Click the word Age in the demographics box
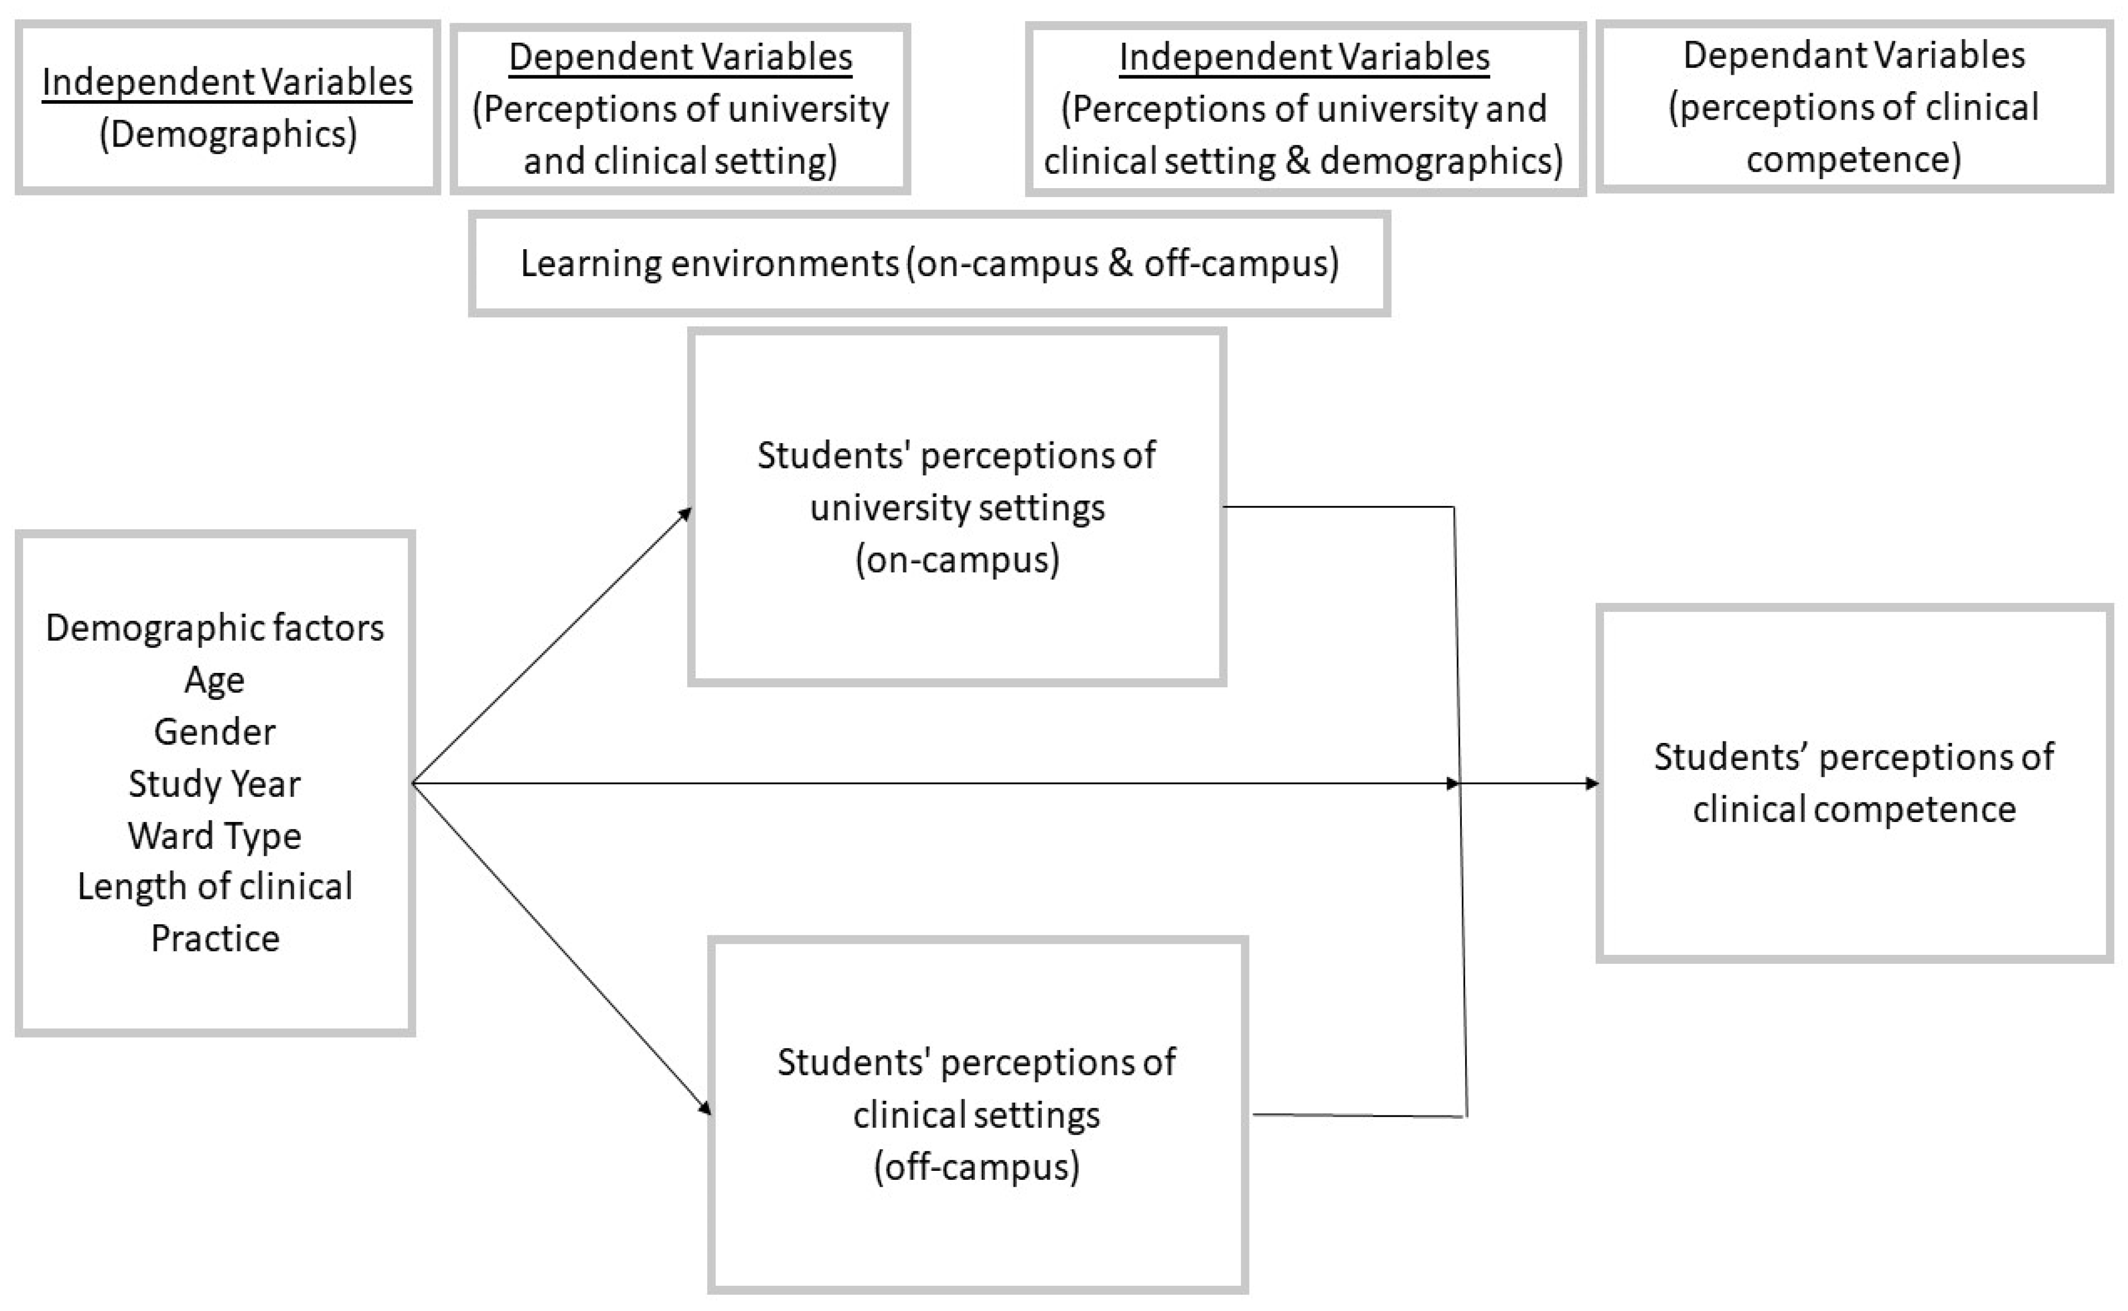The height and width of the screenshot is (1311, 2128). coord(214,679)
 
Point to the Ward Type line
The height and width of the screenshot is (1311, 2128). coord(214,836)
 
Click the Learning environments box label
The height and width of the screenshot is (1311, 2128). coord(929,263)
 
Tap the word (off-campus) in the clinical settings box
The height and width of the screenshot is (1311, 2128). coord(977,1166)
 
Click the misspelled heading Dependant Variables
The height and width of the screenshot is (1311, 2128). coord(1853,55)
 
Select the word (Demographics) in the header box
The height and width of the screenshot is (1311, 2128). coord(227,134)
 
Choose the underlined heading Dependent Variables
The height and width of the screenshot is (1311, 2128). coord(680,57)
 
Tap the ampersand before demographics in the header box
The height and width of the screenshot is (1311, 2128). coord(1297,160)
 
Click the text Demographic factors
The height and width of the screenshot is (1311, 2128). coord(214,628)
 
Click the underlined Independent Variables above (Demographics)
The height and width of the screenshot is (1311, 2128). coord(227,82)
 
